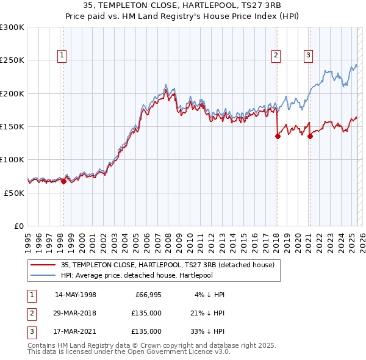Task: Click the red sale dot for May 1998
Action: click(63, 181)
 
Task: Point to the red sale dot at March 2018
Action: click(278, 137)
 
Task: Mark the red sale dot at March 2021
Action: click(310, 137)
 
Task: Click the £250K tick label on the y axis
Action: click(12, 60)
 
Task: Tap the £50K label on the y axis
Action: click(14, 193)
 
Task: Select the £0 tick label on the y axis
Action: click(18, 226)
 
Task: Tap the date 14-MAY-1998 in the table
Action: click(76, 295)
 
